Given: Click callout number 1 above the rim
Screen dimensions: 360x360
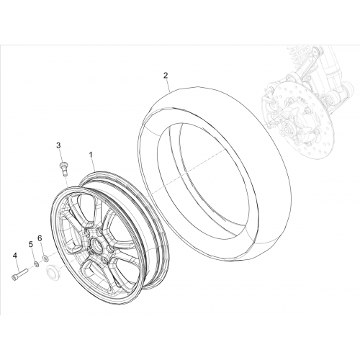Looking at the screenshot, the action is (x=91, y=155).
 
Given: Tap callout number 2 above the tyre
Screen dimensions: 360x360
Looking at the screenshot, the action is (x=166, y=76).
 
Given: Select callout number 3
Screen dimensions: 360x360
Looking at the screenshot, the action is (x=58, y=145).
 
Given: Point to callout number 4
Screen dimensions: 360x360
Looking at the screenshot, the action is (x=15, y=256).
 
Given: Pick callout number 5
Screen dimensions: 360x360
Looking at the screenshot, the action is (x=31, y=244).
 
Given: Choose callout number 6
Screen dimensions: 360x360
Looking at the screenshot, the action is (x=40, y=238).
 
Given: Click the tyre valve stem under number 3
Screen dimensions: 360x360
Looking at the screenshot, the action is (x=63, y=169).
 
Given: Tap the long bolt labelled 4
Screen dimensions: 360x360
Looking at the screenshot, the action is (x=19, y=274).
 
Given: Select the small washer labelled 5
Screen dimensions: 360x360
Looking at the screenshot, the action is (x=37, y=264).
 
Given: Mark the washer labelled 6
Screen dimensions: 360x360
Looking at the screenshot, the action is (x=45, y=258).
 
